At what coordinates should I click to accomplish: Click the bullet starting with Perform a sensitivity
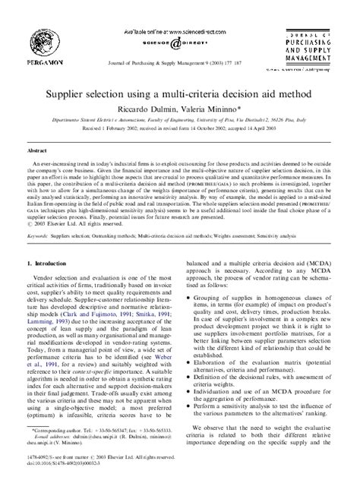(x=268, y=401)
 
